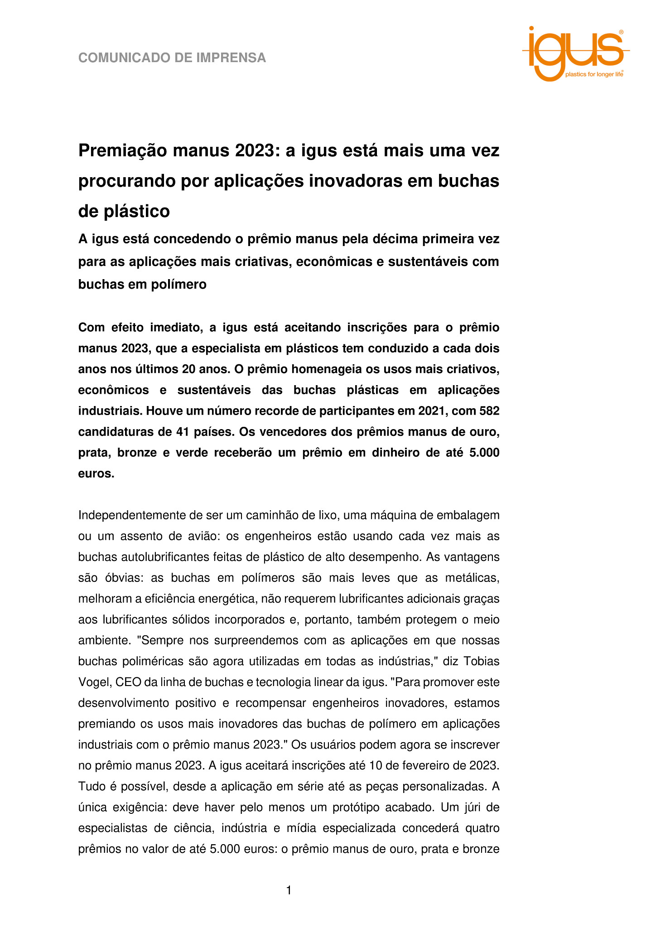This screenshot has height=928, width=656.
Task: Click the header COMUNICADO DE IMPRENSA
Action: click(x=172, y=58)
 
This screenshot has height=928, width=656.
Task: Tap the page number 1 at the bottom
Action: click(x=289, y=891)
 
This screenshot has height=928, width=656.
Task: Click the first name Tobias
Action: click(x=482, y=661)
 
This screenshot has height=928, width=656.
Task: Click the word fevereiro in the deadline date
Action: click(x=428, y=765)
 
